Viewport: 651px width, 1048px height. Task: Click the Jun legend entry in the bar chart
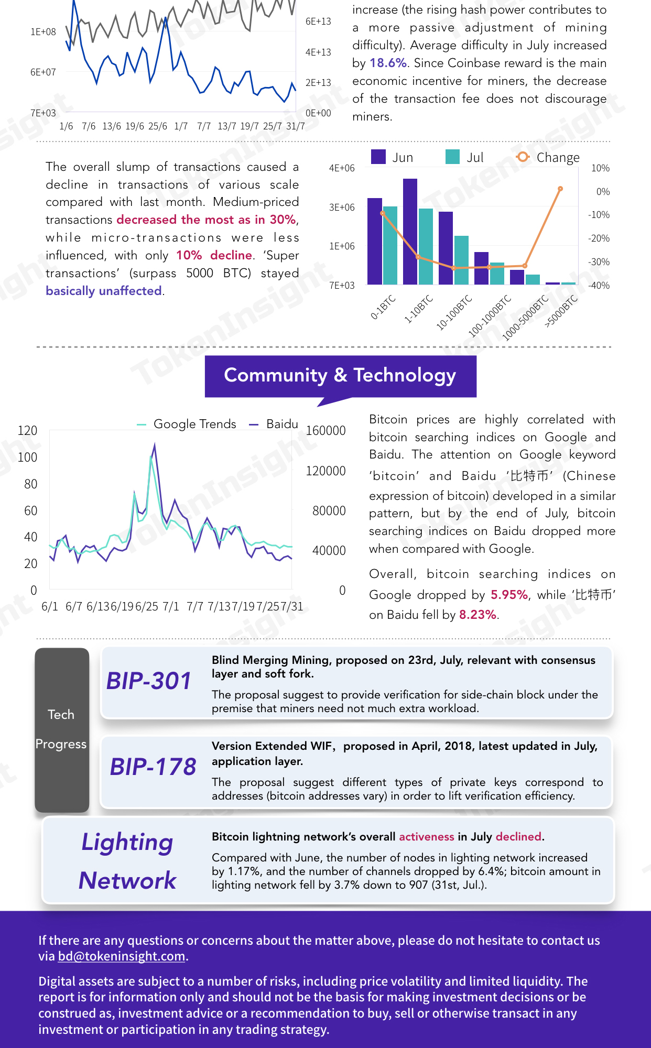point(392,157)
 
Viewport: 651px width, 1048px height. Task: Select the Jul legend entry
point(464,157)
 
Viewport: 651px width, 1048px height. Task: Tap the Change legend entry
point(548,157)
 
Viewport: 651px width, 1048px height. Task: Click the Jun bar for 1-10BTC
point(410,232)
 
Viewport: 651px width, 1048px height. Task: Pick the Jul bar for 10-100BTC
point(461,260)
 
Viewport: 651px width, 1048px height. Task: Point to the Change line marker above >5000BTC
point(560,189)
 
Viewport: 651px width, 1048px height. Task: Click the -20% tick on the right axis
point(599,238)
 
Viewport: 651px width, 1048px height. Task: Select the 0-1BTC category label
point(383,308)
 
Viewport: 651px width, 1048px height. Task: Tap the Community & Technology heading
point(340,375)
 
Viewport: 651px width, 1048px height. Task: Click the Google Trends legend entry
point(187,424)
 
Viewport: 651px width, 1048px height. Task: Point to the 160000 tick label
point(325,431)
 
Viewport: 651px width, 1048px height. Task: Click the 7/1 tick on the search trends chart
point(171,606)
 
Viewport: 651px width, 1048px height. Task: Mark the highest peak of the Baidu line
point(155,444)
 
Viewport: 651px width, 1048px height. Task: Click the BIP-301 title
point(149,681)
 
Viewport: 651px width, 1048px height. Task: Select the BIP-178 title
point(153,767)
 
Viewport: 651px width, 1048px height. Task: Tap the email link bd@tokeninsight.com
point(122,956)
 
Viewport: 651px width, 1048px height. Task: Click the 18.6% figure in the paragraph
point(388,63)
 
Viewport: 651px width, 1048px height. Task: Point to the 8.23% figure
point(478,615)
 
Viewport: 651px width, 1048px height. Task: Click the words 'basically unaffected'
point(104,291)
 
